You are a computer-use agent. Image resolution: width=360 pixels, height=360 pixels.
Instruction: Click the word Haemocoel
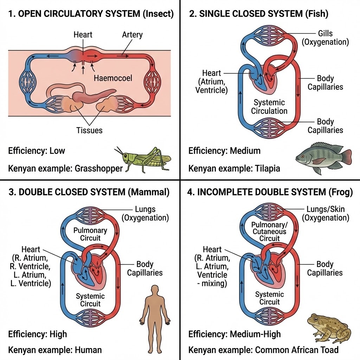coord(113,78)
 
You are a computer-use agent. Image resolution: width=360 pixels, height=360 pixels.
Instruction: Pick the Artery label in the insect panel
coord(132,35)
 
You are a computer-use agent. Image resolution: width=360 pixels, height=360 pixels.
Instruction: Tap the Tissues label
coord(89,130)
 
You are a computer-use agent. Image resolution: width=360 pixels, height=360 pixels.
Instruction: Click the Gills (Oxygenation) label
coord(325,38)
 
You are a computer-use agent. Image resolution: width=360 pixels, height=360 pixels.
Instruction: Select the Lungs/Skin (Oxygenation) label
coord(325,213)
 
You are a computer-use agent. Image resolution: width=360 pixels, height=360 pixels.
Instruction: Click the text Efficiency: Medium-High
coord(234,334)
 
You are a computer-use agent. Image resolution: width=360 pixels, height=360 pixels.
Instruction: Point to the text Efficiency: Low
coord(37,151)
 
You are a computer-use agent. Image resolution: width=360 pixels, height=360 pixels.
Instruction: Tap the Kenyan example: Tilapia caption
coord(234,168)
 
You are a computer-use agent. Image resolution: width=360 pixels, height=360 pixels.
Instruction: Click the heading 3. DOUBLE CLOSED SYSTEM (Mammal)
coord(89,192)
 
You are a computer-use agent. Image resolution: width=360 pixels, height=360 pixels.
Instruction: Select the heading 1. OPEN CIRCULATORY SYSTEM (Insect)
coord(91,14)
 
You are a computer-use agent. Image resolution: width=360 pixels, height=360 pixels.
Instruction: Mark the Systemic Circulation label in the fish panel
coord(269,107)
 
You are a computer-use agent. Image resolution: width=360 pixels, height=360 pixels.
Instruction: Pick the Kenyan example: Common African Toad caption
coord(263,350)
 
